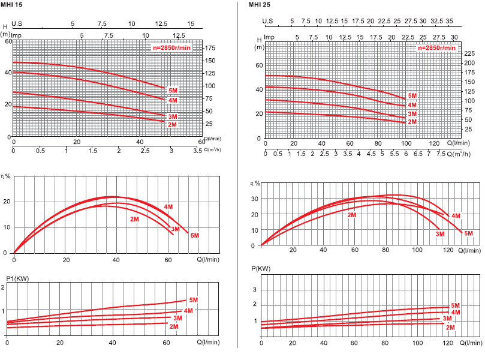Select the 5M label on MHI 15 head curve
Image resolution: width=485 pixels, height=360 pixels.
click(x=173, y=90)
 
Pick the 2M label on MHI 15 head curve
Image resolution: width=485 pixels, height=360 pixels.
click(x=172, y=124)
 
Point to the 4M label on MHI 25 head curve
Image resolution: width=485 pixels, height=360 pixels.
click(x=412, y=105)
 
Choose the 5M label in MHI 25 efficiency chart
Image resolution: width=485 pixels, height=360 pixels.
click(x=468, y=233)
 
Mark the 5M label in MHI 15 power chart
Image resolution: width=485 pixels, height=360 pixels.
click(x=193, y=299)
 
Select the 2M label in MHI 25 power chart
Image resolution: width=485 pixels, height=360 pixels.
click(x=450, y=327)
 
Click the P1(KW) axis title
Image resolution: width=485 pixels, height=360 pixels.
click(x=18, y=278)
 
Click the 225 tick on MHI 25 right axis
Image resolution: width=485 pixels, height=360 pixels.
click(x=469, y=53)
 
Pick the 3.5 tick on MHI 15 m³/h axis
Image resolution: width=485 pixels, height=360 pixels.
click(x=198, y=150)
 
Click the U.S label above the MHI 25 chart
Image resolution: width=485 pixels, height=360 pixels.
click(x=269, y=21)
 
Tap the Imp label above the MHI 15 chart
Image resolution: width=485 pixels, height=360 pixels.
click(x=17, y=35)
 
